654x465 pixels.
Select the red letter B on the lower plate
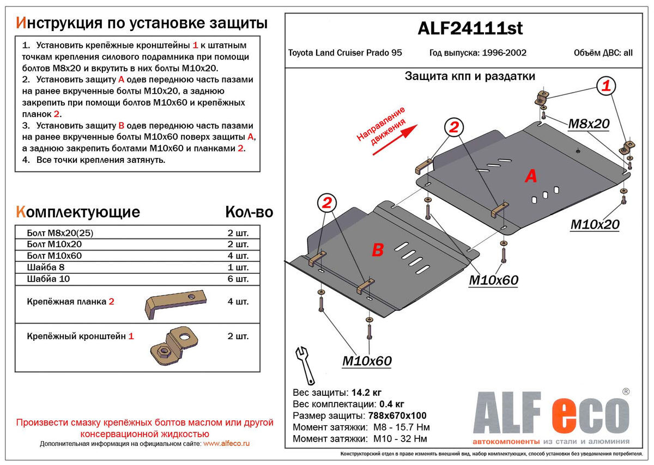point(378,250)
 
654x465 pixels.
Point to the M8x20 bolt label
point(589,124)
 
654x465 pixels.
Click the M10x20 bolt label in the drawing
point(595,224)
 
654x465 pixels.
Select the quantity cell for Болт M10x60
point(238,256)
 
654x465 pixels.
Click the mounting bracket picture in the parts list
point(173,345)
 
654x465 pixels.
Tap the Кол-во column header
point(249,212)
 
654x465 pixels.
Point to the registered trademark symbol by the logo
point(626,391)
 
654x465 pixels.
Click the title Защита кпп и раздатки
point(469,76)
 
